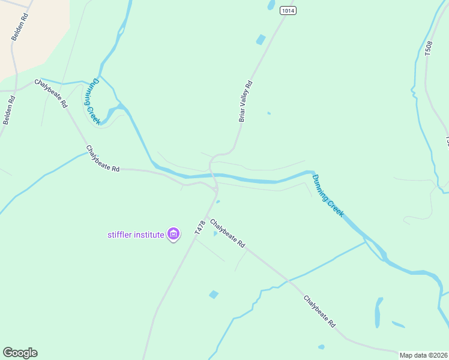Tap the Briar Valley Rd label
tap(246, 101)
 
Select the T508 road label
tap(428, 49)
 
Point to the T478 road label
tap(200, 227)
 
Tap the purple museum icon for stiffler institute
tap(173, 234)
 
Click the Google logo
tap(20, 353)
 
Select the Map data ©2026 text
tap(423, 355)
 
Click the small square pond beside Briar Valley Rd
tap(261, 40)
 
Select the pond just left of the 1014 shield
tap(271, 5)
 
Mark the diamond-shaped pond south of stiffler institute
tap(214, 295)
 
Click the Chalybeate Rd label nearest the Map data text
tap(319, 311)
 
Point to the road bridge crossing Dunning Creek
tap(213, 176)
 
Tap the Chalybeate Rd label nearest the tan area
tap(51, 93)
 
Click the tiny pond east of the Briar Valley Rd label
tap(268, 113)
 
